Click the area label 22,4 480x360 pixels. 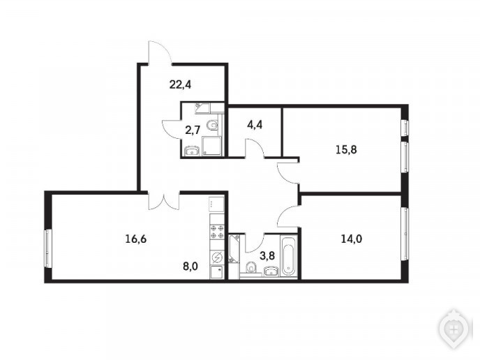(x=180, y=84)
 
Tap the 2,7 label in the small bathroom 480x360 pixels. (x=193, y=130)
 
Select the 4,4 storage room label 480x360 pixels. (x=255, y=125)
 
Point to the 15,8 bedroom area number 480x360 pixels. (x=346, y=150)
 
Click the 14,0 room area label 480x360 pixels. (x=352, y=239)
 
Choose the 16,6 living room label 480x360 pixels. (x=136, y=239)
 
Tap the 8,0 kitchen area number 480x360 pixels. (x=190, y=267)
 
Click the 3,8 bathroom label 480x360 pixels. (x=267, y=256)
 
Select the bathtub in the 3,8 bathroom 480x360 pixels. (x=289, y=256)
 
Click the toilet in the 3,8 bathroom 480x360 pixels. (x=252, y=269)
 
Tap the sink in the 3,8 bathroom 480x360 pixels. (x=271, y=271)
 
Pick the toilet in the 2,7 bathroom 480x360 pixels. (x=213, y=125)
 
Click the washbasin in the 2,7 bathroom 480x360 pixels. (x=193, y=151)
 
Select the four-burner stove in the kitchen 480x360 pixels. (x=217, y=232)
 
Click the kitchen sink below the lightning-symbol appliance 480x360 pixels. (x=217, y=272)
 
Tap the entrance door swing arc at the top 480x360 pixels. (x=160, y=50)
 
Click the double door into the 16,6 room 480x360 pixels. (x=164, y=201)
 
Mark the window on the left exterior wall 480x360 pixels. (x=47, y=248)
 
